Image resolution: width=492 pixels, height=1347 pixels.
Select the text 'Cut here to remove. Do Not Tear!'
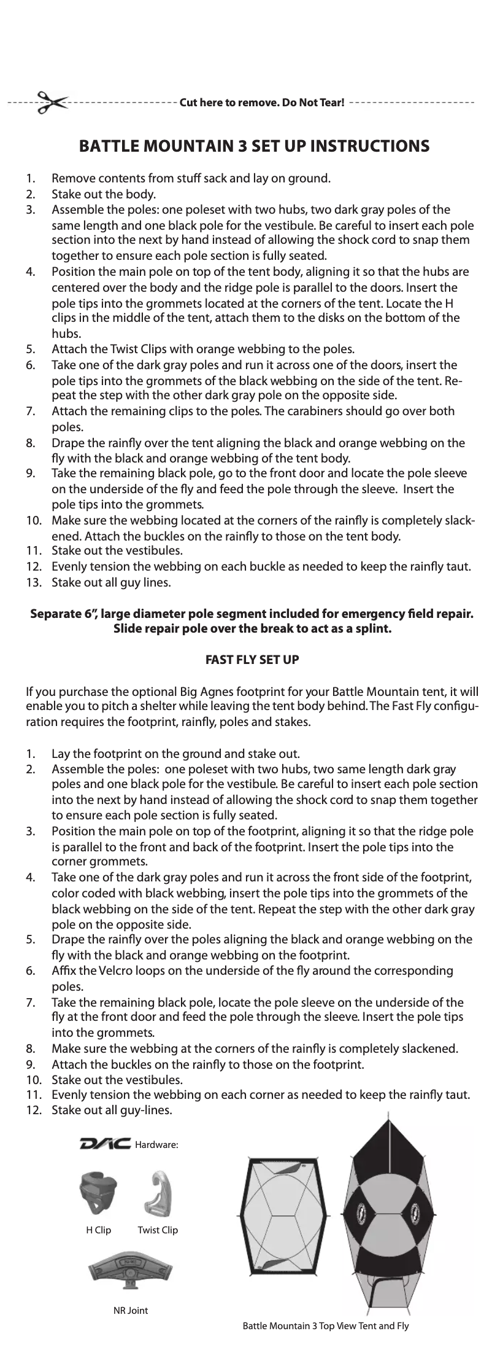point(261,101)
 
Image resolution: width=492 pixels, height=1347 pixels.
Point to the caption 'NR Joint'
point(131,1310)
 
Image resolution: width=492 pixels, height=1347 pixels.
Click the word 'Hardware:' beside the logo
point(156,1144)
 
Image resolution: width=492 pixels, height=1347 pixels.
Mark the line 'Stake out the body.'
point(106,195)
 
